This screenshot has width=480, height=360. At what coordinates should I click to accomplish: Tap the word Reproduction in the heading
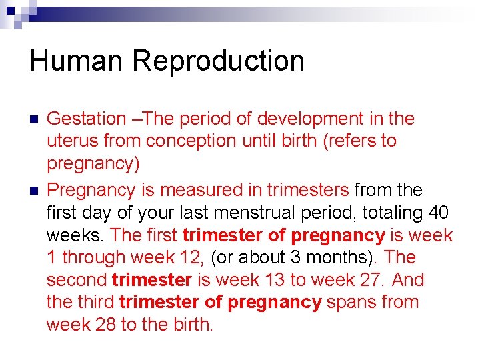(219, 61)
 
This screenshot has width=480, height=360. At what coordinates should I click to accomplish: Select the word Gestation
(87, 119)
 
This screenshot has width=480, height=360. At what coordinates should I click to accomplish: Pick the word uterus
(69, 141)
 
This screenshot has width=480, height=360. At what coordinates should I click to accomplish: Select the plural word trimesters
(307, 190)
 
